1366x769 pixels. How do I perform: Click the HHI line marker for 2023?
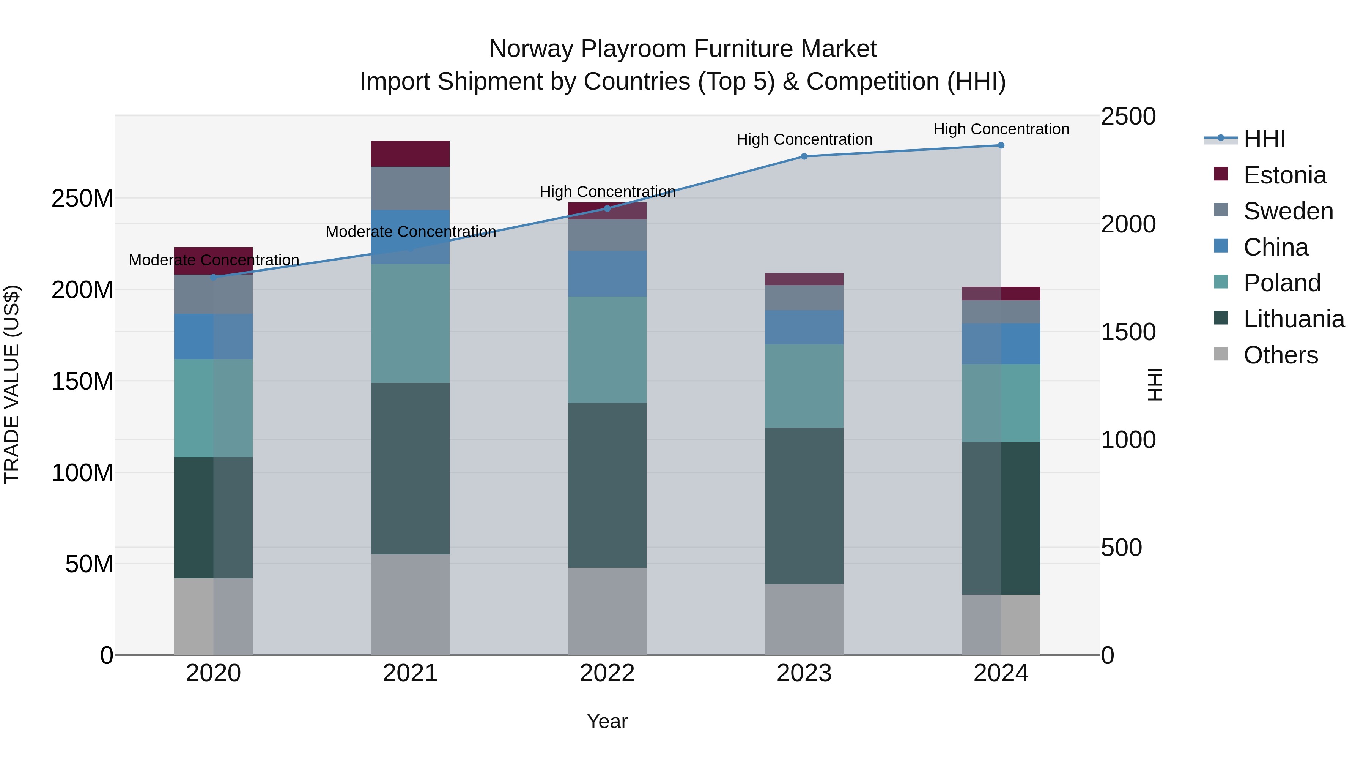(804, 156)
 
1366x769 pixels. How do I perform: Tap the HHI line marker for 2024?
(1001, 145)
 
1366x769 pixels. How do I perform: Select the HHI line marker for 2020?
(214, 277)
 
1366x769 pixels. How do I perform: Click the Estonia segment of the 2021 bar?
(410, 154)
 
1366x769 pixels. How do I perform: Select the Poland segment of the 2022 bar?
(607, 349)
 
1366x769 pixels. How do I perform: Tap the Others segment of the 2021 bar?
(410, 605)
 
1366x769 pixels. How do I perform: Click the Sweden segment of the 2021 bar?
(410, 188)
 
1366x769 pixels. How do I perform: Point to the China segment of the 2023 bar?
(804, 327)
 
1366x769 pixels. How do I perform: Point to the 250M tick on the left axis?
(82, 199)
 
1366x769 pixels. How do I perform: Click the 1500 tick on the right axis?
(1128, 332)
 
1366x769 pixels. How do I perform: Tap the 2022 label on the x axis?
(607, 673)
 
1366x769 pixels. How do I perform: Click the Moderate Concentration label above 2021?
(411, 232)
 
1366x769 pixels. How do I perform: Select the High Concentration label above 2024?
(1001, 129)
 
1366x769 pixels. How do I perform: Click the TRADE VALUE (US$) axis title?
(12, 384)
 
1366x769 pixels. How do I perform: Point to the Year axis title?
(607, 721)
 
